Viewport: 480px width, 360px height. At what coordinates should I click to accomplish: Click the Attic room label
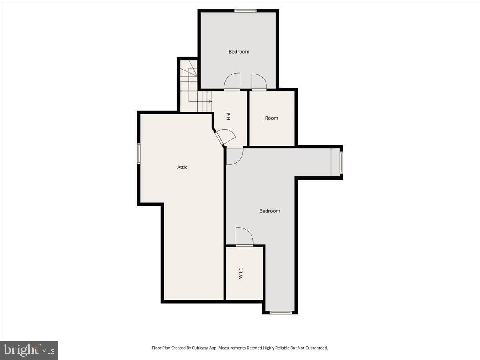182,167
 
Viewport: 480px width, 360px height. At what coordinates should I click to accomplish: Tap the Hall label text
229,116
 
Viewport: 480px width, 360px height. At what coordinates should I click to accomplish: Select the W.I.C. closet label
241,272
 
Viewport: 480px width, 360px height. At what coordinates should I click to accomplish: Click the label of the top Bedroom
239,52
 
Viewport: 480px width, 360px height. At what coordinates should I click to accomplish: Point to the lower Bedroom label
270,211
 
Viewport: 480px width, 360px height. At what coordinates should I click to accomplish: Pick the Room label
271,118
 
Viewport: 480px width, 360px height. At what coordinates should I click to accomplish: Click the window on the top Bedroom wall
246,11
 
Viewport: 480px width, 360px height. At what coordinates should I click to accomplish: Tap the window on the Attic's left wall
139,153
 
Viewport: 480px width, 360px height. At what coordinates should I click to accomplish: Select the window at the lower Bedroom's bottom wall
280,313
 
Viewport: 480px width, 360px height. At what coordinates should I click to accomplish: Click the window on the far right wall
341,162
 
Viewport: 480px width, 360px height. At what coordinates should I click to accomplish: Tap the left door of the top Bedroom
232,81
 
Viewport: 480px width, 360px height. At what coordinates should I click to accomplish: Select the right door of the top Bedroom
259,82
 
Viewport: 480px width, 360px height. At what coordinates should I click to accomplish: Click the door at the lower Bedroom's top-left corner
235,156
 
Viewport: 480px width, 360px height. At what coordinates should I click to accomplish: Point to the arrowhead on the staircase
210,102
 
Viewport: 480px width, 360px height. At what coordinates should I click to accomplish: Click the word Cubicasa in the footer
199,348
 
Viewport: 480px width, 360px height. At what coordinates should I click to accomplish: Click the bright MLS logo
29,350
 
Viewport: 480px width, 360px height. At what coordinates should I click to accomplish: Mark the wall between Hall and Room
248,118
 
